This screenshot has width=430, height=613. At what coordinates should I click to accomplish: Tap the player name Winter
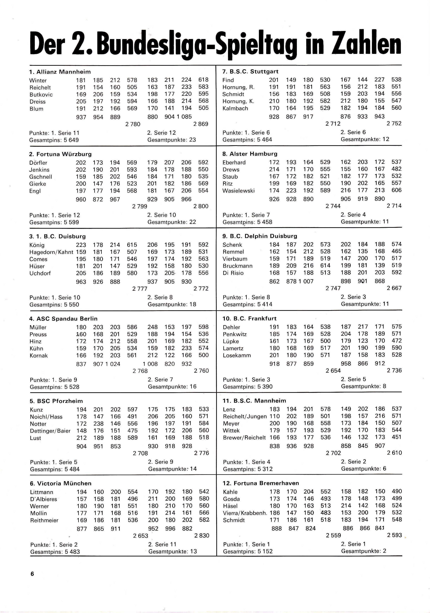38,80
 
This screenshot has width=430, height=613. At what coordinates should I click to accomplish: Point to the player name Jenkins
39,170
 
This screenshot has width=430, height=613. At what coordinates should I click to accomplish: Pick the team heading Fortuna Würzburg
61,154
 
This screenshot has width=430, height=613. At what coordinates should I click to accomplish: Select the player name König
37,245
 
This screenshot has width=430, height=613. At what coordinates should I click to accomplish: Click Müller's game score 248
153,327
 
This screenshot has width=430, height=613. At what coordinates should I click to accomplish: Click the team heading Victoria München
61,483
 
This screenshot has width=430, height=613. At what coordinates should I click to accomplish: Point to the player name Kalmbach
235,108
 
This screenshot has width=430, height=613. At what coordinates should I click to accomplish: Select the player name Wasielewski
238,191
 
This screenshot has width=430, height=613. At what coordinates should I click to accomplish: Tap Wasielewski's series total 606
397,190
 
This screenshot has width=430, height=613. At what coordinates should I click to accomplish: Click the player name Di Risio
233,273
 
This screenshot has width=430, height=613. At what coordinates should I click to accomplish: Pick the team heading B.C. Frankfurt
249,318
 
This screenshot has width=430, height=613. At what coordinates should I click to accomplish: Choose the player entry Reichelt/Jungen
245,417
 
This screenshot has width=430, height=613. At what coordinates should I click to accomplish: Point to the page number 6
32,574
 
